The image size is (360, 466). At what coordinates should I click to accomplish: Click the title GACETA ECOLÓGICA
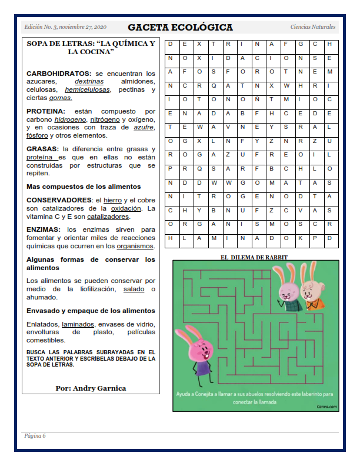[180, 28]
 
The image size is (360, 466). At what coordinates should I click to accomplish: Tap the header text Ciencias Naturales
[313, 28]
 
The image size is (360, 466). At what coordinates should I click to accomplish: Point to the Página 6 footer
[35, 436]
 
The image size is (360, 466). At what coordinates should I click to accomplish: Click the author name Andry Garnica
[91, 388]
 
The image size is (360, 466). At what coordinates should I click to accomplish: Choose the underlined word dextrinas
[89, 81]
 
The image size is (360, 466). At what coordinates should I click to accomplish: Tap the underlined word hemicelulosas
[88, 89]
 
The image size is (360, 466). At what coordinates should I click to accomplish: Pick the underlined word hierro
[112, 201]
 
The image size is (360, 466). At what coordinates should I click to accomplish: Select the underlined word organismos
[135, 246]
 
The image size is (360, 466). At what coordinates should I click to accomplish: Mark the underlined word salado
[134, 289]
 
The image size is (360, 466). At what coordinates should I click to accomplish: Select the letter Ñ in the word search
[258, 99]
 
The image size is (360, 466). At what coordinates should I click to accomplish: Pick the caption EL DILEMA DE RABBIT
[254, 257]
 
